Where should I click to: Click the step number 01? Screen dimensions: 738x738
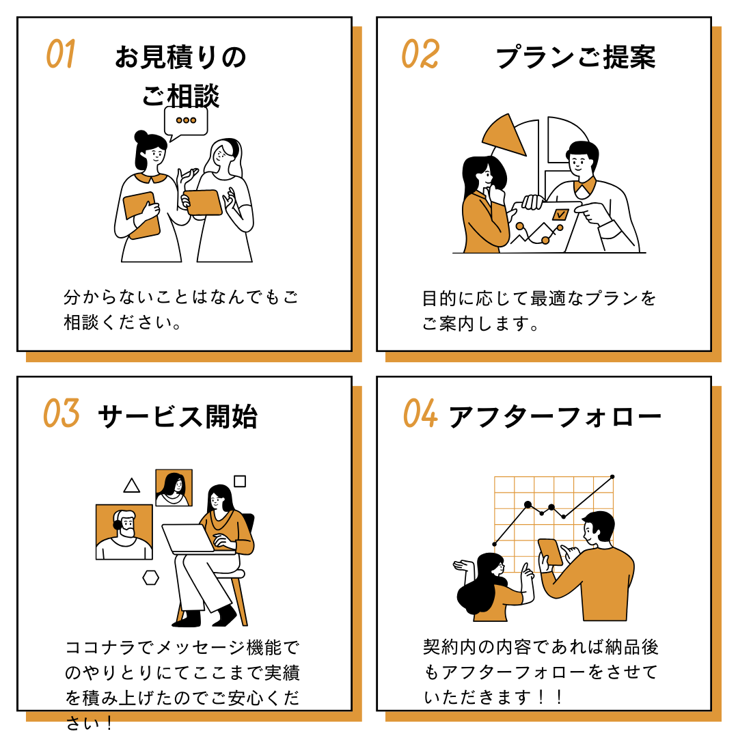click(x=60, y=54)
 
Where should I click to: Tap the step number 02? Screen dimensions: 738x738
click(x=420, y=54)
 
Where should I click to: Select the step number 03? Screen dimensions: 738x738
click(x=61, y=413)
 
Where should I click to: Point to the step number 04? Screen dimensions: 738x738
click(x=420, y=413)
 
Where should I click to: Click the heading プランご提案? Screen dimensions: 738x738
click(x=575, y=58)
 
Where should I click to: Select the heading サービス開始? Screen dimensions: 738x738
click(x=178, y=417)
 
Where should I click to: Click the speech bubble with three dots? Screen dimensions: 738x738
click(x=185, y=122)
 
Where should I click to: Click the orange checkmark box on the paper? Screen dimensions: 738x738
click(x=560, y=215)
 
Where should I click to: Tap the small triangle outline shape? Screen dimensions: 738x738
click(x=132, y=486)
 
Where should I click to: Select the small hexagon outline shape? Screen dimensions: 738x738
click(x=150, y=577)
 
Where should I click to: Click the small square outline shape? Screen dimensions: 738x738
click(x=240, y=481)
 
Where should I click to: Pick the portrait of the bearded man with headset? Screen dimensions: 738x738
click(x=124, y=532)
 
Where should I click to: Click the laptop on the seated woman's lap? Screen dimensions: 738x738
click(x=188, y=538)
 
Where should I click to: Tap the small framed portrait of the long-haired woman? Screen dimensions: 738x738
click(x=174, y=487)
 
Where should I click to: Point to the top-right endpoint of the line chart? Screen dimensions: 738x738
click(x=612, y=476)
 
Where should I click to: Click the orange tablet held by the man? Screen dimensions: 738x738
click(x=551, y=552)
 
